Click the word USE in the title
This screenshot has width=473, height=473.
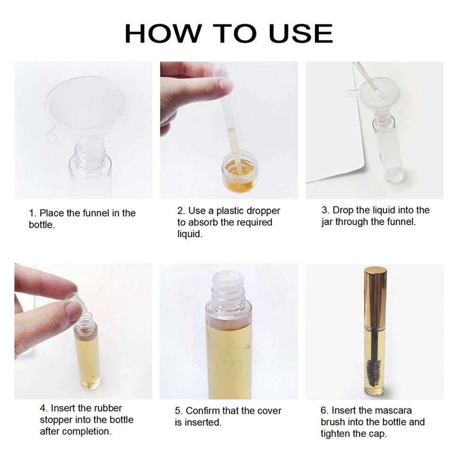[301, 33]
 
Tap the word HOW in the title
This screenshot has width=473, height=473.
[163, 33]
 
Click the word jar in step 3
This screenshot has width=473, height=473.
[327, 223]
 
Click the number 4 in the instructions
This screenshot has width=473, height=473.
[44, 408]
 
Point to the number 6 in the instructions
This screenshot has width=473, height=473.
[324, 411]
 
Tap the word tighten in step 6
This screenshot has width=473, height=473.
[335, 434]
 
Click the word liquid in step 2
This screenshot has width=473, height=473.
[190, 234]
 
